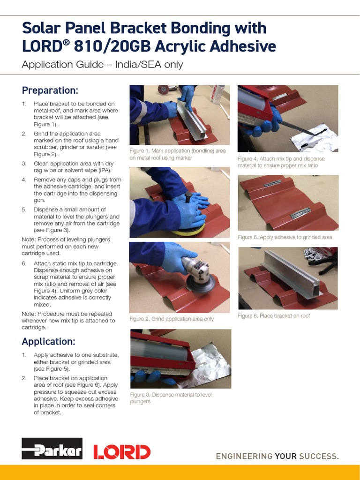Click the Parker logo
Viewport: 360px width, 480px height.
click(x=52, y=449)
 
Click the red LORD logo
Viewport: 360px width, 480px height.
click(x=121, y=452)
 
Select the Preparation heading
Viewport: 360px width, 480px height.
click(x=50, y=90)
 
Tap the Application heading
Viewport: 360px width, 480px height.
click(x=48, y=341)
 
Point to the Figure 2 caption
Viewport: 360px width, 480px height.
click(x=171, y=319)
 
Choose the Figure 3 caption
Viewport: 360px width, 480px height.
click(x=171, y=398)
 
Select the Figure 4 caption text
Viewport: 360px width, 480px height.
click(x=281, y=162)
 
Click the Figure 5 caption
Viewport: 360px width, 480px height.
click(x=285, y=237)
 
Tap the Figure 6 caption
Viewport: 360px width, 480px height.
click(x=274, y=316)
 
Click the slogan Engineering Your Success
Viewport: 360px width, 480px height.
click(x=277, y=456)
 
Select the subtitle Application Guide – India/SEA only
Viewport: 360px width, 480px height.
click(x=102, y=65)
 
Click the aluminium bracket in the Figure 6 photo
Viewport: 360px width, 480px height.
click(x=291, y=274)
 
